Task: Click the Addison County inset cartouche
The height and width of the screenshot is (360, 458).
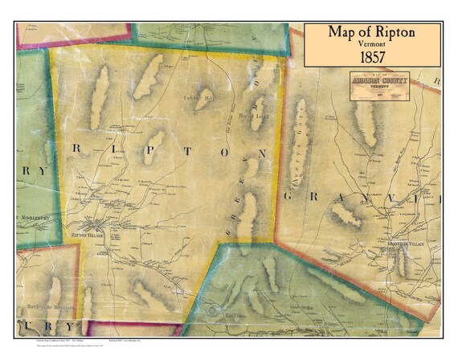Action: [x=379, y=84]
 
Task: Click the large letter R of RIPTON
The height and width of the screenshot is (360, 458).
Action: [x=77, y=147]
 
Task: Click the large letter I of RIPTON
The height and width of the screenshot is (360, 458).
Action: [x=110, y=148]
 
